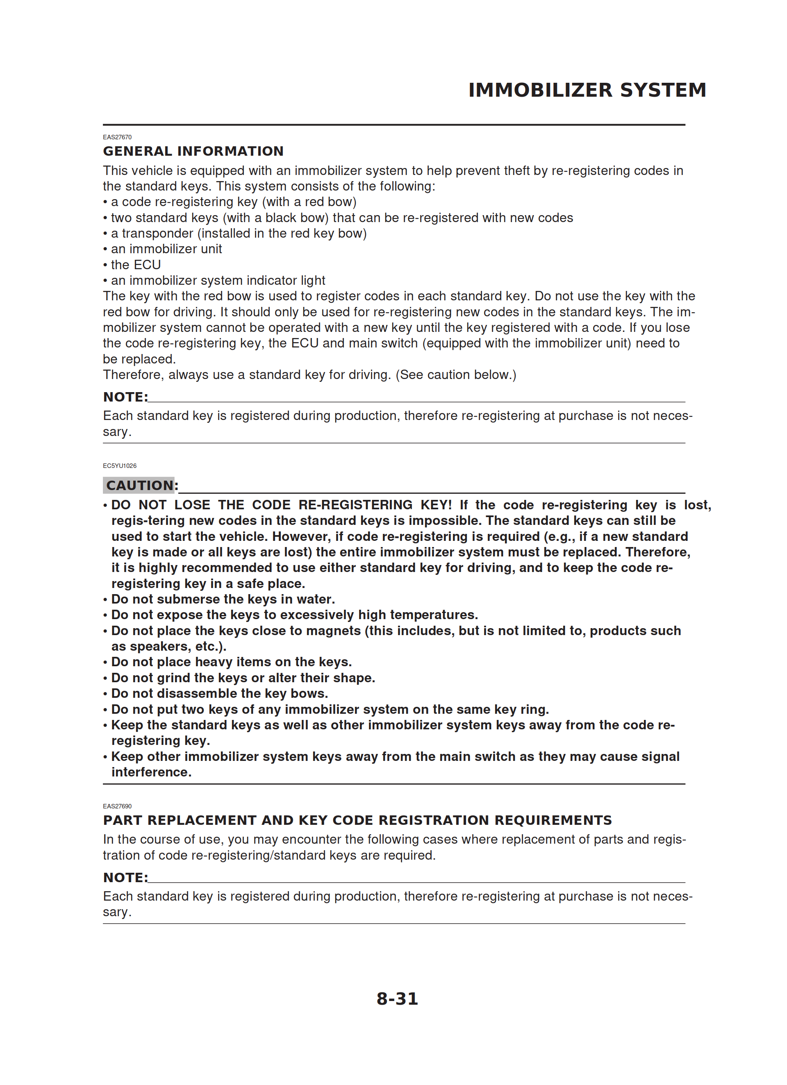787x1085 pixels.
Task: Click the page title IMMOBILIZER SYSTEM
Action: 587,90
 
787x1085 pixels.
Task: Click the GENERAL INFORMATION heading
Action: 193,151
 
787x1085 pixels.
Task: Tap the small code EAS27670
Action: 117,137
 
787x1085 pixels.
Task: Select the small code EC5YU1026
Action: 120,465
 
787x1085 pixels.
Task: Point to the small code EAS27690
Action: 117,806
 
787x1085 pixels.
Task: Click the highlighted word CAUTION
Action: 139,486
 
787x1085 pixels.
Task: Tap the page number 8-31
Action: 397,999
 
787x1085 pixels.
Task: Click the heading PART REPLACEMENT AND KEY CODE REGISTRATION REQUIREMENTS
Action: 357,820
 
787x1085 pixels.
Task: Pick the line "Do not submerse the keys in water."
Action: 223,599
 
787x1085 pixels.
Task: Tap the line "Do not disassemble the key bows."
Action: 220,693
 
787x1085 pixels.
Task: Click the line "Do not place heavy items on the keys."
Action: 232,662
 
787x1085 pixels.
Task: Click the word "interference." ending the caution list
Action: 151,772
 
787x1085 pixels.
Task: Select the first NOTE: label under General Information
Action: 125,397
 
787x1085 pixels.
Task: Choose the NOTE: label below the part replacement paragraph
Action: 125,877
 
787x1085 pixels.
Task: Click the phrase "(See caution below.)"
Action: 456,375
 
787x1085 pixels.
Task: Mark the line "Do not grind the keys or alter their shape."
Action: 243,677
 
